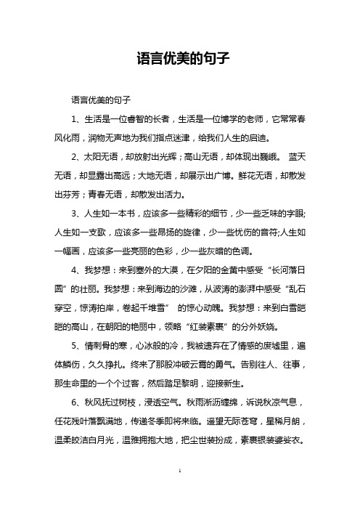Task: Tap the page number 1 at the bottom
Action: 179,491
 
